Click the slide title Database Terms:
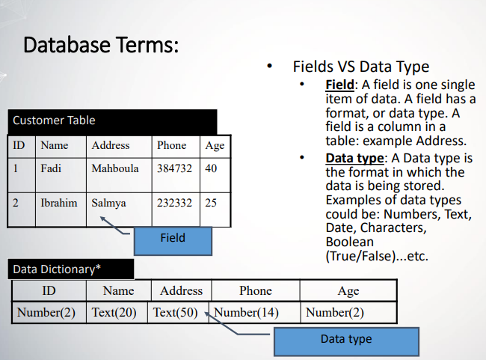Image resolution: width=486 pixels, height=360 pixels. tap(101, 45)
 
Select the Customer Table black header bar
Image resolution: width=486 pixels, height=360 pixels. tap(112, 120)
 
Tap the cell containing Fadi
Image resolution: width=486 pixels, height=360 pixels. tap(51, 168)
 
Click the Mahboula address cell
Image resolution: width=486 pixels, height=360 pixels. tap(115, 168)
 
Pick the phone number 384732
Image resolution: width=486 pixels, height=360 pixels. tap(174, 168)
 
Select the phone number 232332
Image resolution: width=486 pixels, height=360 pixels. tap(174, 203)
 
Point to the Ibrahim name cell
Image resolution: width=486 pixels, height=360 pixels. tap(59, 203)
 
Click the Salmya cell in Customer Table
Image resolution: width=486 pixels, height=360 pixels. tap(109, 203)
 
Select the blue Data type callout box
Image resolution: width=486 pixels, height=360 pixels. tap(346, 339)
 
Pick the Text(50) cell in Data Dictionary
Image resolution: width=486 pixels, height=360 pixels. tap(175, 312)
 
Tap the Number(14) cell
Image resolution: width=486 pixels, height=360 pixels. tap(246, 312)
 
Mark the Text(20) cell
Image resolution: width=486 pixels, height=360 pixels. tap(114, 312)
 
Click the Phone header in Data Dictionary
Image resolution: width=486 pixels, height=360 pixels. tap(256, 290)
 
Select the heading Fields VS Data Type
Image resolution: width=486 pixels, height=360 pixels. tap(360, 67)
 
